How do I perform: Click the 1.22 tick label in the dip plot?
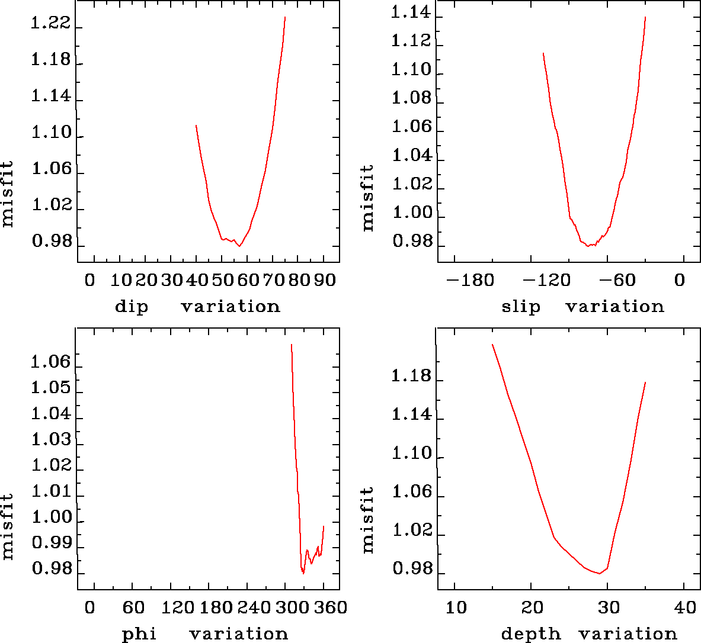(x=50, y=24)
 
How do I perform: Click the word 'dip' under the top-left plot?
(x=131, y=307)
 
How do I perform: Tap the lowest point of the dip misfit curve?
(x=240, y=246)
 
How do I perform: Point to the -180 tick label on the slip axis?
(x=469, y=279)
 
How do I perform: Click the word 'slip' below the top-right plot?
(x=521, y=307)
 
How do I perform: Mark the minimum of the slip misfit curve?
(x=588, y=246)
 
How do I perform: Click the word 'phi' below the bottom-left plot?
(x=139, y=635)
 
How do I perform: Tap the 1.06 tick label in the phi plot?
(x=50, y=362)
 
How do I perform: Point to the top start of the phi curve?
(x=291, y=344)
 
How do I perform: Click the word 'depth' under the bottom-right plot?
(x=530, y=635)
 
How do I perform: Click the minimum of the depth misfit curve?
(x=600, y=573)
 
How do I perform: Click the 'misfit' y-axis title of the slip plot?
(x=368, y=198)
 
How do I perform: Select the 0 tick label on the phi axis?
(x=89, y=607)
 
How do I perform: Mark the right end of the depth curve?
(x=645, y=382)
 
